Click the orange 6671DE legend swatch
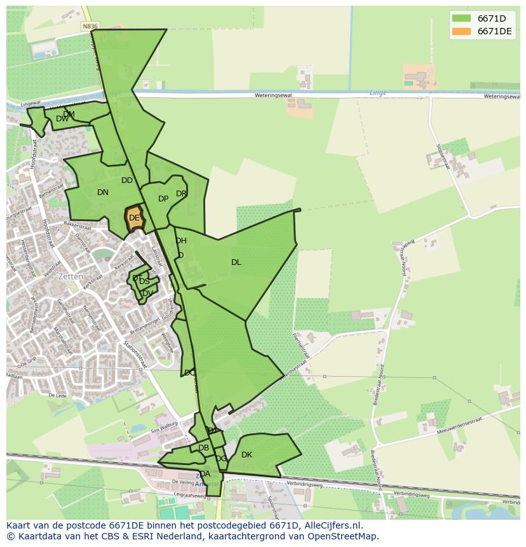(461, 32)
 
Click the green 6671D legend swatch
(461, 18)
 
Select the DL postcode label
(236, 262)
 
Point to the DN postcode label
(103, 192)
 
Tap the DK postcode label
(247, 455)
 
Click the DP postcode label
(163, 199)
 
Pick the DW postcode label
(62, 119)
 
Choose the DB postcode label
(203, 448)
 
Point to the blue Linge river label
(378, 93)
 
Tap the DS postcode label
(145, 281)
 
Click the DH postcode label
(181, 241)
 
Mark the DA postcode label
(205, 474)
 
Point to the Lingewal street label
(30, 104)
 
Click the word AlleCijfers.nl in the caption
(332, 525)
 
